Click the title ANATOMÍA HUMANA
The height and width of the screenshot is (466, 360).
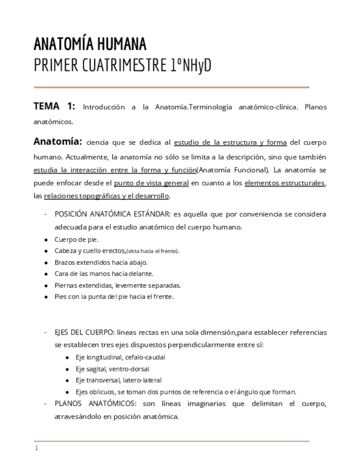[90, 43]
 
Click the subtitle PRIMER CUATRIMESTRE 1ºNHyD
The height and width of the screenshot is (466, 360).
[122, 66]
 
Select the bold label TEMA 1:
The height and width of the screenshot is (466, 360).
[54, 107]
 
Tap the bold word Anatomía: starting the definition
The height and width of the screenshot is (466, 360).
[58, 142]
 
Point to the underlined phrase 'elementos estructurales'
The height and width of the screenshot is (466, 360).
[285, 183]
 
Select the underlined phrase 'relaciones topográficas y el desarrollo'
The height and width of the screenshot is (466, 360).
[107, 196]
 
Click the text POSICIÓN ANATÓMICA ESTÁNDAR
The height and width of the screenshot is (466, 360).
[113, 214]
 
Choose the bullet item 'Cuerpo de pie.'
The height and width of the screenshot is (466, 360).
[76, 239]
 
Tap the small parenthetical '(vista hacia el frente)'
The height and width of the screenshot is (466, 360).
[152, 251]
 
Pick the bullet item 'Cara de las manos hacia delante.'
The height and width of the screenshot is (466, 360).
[103, 273]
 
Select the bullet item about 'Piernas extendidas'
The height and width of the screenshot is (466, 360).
[117, 285]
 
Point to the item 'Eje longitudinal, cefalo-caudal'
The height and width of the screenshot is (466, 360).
[120, 357]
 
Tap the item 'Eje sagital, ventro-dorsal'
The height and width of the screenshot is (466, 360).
[112, 369]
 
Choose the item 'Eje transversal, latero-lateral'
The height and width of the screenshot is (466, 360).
[118, 380]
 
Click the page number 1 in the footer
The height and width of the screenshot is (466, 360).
[36, 448]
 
